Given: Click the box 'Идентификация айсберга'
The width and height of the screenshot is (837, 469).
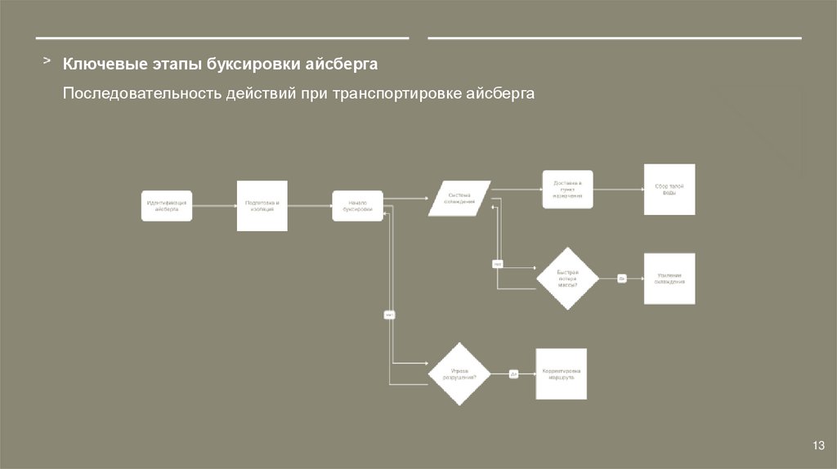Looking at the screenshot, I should (x=167, y=206).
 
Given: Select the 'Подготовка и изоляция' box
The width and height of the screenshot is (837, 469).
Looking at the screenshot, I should (x=262, y=206).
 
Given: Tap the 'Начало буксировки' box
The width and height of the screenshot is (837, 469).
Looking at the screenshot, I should (x=357, y=206).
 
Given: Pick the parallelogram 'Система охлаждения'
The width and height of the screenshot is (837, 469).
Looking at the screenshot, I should (x=459, y=199).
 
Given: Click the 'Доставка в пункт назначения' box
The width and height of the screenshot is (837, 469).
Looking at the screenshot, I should (x=567, y=190).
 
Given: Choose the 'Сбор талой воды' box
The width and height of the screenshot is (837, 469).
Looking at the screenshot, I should (x=669, y=190).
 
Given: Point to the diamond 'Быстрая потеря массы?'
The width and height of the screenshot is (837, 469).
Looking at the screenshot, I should (x=567, y=279).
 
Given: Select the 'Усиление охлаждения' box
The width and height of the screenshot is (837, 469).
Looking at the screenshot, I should (x=669, y=279).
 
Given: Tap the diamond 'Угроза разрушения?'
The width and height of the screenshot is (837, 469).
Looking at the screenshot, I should (x=459, y=374).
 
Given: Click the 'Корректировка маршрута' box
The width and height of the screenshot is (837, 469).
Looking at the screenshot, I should (x=561, y=374).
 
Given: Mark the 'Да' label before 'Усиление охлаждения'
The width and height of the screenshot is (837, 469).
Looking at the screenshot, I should (x=621, y=279).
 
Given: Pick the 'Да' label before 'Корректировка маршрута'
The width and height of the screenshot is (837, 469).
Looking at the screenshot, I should (x=514, y=374).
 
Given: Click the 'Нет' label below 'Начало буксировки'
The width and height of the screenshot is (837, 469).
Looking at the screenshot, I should (x=390, y=314).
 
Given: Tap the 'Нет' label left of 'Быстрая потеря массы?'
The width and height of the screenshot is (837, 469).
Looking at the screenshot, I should (x=497, y=263).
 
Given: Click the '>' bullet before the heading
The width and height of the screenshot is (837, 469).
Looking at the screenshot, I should (x=47, y=61).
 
